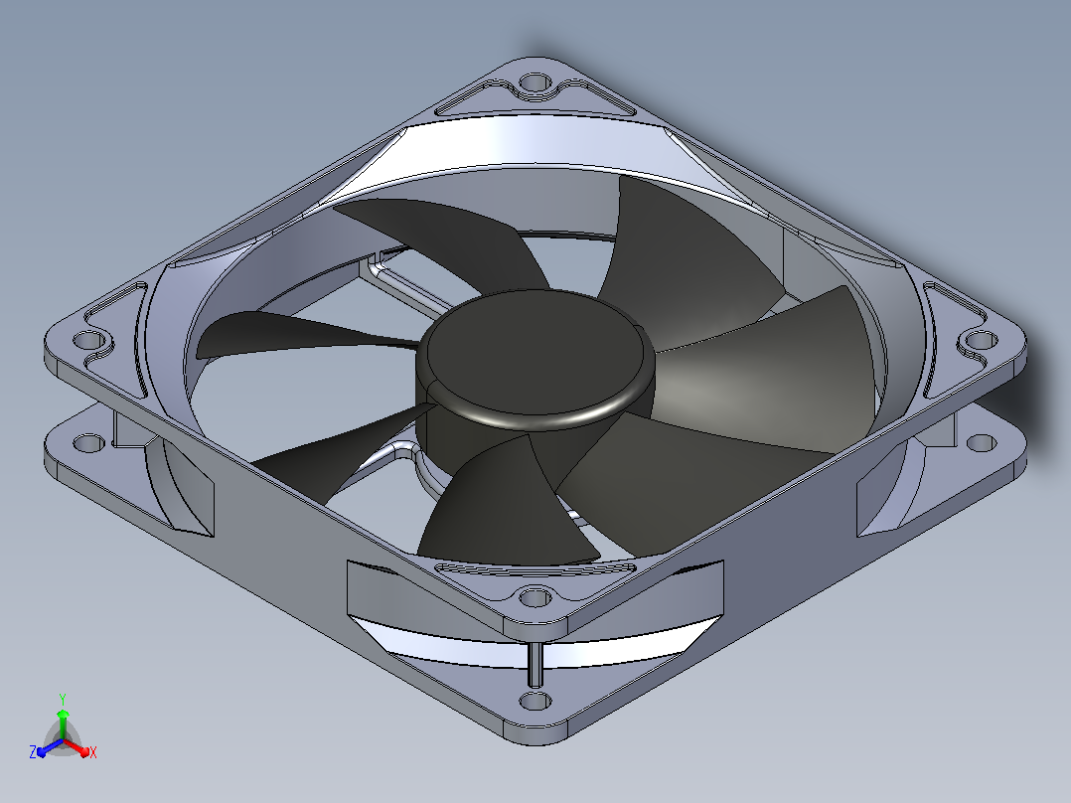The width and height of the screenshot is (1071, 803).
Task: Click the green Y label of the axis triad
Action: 63,699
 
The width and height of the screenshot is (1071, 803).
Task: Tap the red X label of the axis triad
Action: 93,752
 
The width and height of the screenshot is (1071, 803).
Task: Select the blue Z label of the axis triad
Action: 33,752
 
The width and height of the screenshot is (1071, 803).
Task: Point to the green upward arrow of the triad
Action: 63,723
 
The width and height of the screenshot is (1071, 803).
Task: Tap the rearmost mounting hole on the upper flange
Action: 535,84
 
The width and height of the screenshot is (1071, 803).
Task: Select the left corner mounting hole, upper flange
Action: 88,340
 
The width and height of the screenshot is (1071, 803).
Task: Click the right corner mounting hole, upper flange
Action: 981,340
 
